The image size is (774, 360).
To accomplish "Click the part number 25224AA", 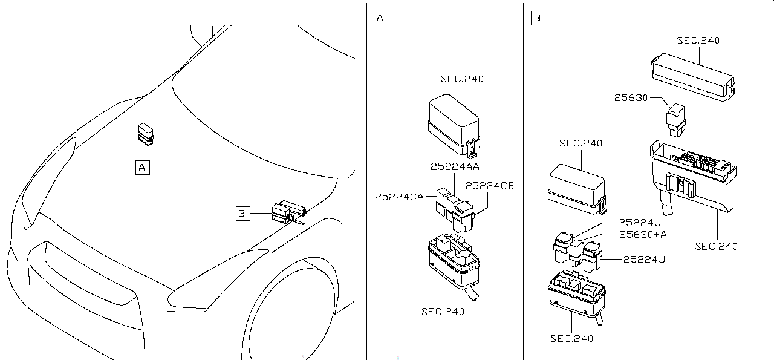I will coord(455,166).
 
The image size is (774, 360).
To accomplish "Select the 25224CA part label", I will coord(398,196).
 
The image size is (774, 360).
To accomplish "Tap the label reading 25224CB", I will coord(490,186).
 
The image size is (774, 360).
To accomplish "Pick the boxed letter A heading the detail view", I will coord(380,18).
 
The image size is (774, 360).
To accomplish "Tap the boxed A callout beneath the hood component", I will coord(142,166).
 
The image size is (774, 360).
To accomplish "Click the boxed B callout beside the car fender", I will coord(242,213).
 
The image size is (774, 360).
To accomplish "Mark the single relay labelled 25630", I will coord(675,120).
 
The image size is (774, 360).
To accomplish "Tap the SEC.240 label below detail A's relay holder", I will coord(443,312).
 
